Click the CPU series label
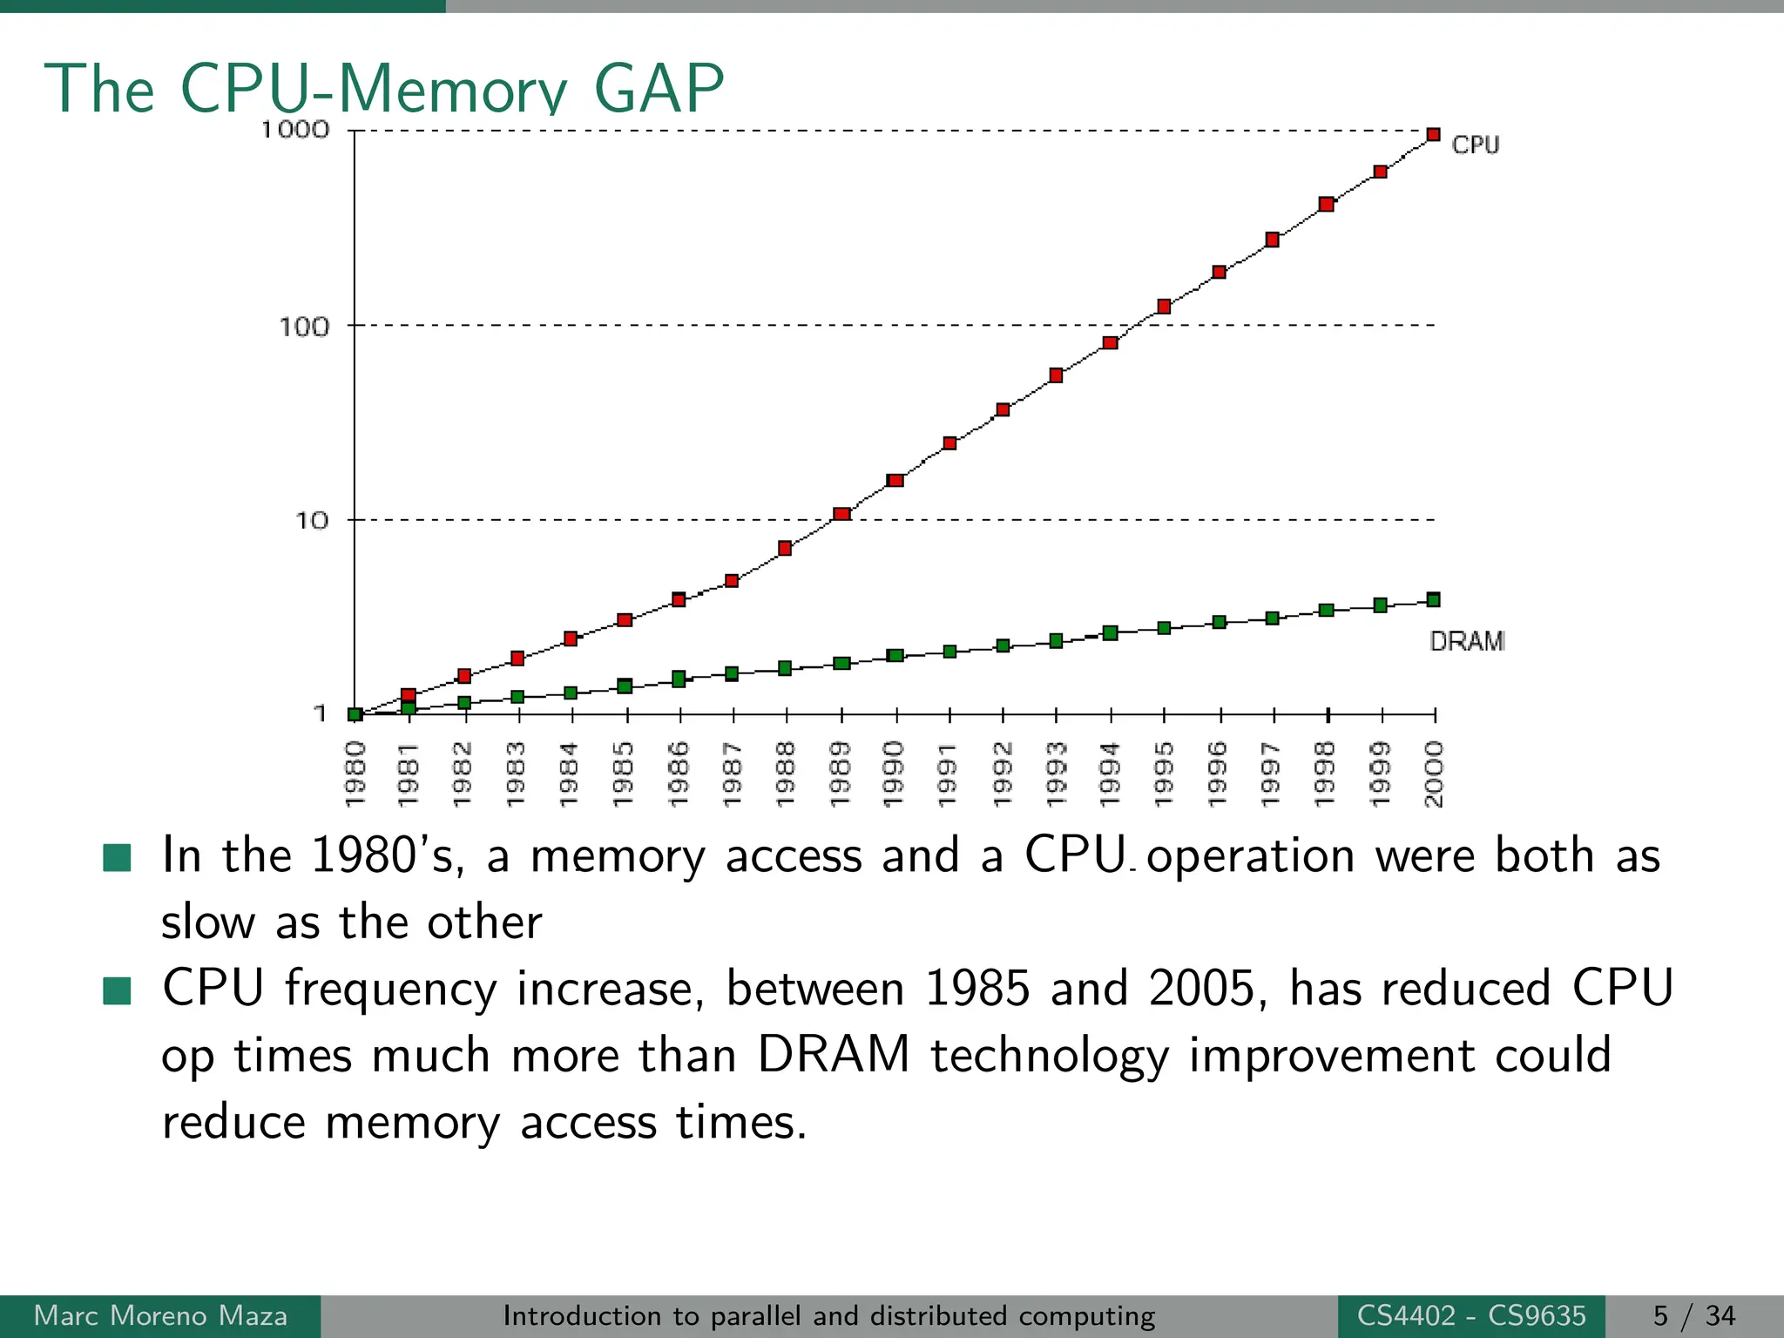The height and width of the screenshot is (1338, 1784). point(1475,145)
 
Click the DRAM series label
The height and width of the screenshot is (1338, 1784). point(1467,642)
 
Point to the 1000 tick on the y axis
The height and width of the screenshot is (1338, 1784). point(295,130)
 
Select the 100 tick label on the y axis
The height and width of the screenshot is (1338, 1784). point(304,328)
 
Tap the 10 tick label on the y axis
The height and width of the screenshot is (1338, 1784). point(311,521)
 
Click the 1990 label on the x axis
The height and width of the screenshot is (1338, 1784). point(894,774)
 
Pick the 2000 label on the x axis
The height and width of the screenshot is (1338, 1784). point(1433,774)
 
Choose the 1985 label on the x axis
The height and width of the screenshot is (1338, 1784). point(624,774)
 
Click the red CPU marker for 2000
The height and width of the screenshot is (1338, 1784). point(1433,134)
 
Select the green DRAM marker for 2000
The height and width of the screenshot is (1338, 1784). point(1433,599)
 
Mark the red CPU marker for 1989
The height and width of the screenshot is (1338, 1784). point(841,514)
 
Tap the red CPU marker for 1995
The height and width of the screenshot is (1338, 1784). point(1164,307)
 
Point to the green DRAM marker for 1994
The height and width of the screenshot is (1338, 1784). point(1110,633)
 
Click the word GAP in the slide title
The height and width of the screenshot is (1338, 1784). point(659,88)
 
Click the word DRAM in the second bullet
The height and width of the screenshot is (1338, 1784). point(833,1055)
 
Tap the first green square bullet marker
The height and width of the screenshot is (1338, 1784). point(117,857)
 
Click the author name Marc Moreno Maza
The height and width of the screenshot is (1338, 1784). point(160,1315)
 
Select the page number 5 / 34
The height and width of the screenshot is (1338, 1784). point(1693,1315)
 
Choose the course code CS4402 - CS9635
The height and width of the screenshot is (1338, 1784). point(1470,1315)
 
